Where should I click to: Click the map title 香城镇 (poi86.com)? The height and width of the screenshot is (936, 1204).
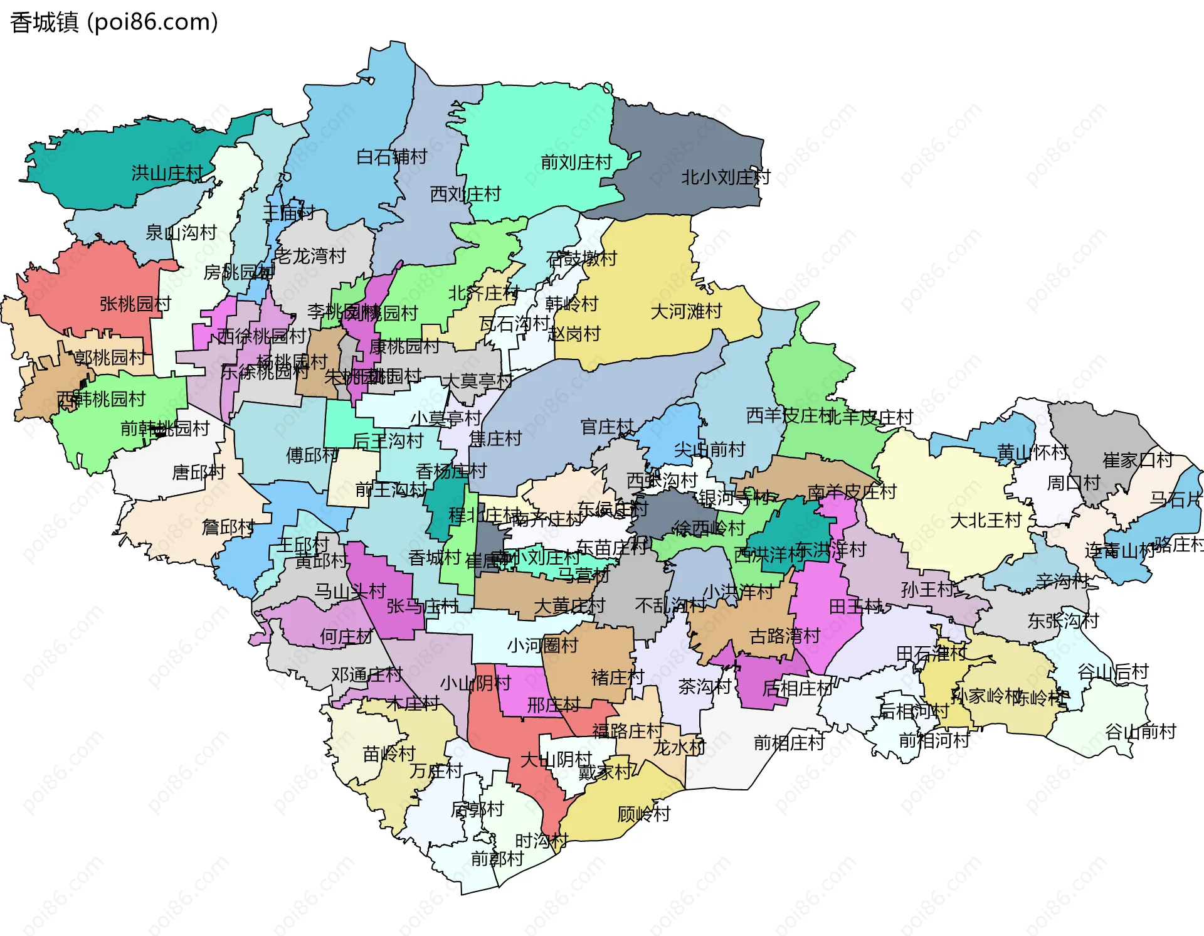tap(114, 23)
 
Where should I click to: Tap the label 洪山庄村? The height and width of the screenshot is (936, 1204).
tap(167, 173)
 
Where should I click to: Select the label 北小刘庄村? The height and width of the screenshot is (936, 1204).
tap(726, 178)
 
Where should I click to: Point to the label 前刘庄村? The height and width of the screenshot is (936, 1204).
tap(576, 162)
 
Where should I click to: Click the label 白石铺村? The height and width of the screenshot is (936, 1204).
tap(391, 156)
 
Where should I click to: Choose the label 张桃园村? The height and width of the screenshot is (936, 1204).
tap(135, 304)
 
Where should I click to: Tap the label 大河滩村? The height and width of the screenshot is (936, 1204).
tap(686, 311)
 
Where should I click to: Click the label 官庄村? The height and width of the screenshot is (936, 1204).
tap(607, 427)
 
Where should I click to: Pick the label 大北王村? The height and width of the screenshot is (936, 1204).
tap(986, 520)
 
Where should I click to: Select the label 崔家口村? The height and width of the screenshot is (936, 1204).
tap(1138, 460)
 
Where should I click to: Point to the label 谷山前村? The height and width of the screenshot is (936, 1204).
tap(1140, 731)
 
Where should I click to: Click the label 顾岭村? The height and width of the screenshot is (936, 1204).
tap(644, 814)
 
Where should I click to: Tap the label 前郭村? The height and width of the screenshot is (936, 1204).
tap(497, 858)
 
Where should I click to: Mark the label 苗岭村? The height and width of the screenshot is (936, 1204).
tap(389, 753)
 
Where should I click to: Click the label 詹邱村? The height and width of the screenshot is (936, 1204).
tap(228, 526)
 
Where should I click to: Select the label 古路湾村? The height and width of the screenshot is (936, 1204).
tap(784, 636)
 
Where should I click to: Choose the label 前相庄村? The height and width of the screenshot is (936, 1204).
tap(789, 743)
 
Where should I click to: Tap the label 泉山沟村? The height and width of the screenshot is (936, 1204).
tap(181, 233)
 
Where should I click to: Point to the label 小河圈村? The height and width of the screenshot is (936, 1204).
tap(542, 645)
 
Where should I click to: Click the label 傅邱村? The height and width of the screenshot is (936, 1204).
tap(312, 455)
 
